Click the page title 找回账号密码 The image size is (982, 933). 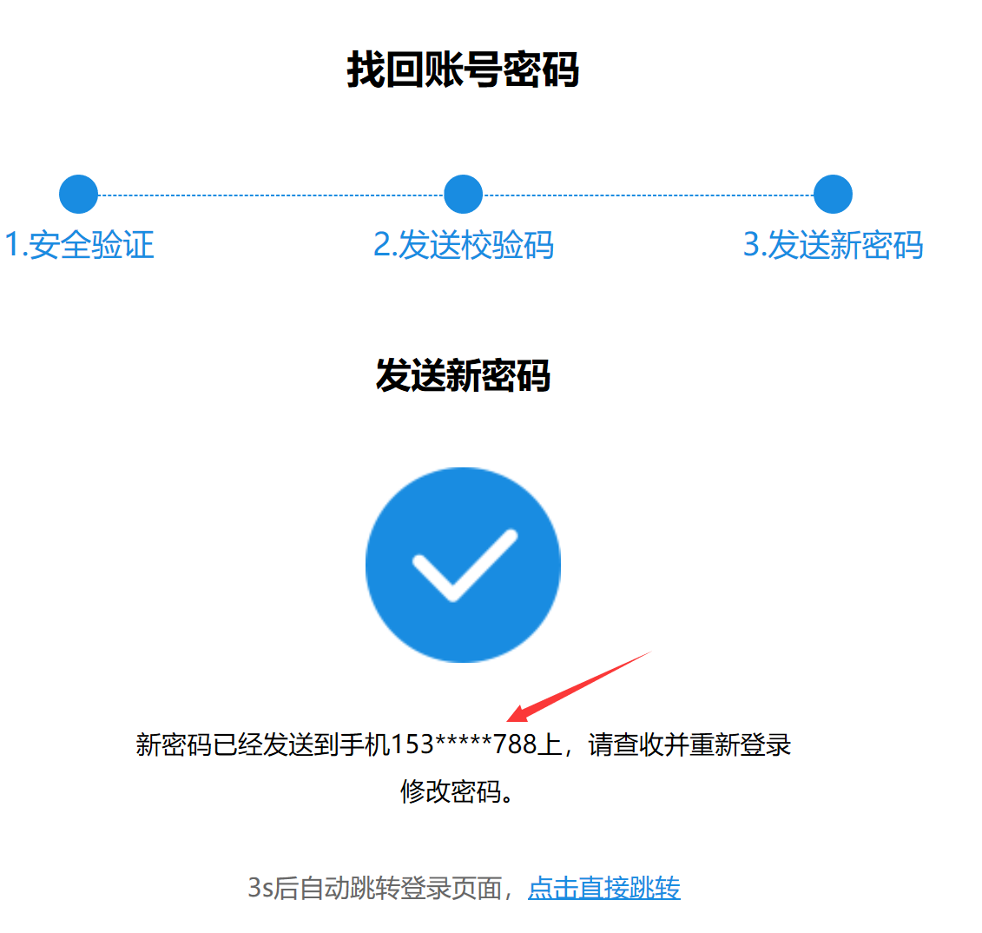point(463,69)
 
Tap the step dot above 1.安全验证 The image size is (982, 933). point(78,195)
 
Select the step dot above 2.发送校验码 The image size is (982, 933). point(463,195)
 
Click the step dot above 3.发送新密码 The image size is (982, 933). point(833,195)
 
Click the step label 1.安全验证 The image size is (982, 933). point(79,244)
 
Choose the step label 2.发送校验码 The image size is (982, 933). point(464,244)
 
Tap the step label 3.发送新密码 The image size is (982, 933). point(833,244)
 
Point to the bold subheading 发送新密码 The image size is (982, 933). point(463,375)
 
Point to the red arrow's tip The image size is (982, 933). point(507,721)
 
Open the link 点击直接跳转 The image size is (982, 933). point(603,888)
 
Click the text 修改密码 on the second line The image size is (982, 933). point(451,791)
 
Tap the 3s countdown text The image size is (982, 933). point(260,888)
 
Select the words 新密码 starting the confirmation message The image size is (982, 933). point(174,744)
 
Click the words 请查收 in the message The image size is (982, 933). point(626,744)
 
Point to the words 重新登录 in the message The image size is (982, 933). point(741,744)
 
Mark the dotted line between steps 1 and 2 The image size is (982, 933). point(271,195)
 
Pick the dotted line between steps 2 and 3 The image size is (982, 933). point(648,195)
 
